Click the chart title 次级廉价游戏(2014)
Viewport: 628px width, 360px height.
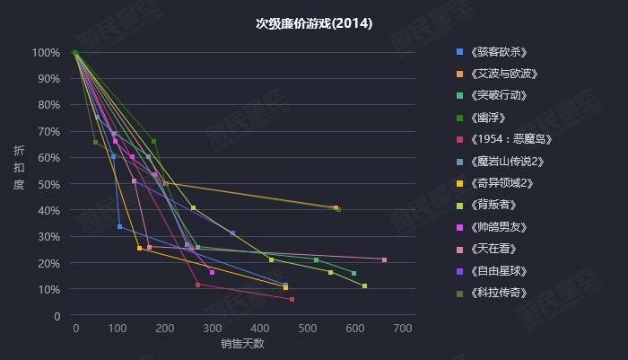(314, 24)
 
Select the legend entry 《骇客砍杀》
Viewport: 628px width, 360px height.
(497, 51)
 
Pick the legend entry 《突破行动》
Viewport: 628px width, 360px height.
(497, 95)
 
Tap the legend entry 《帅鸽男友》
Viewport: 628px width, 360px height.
(497, 226)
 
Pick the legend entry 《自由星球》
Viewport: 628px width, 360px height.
(497, 270)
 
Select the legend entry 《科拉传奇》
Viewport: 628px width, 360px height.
(497, 293)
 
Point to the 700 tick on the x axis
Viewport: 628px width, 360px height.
(402, 328)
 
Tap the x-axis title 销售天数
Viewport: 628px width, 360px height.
(242, 344)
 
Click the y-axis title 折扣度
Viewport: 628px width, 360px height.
(19, 167)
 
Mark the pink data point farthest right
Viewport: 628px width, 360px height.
(384, 259)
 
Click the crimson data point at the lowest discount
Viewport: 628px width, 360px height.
(292, 299)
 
